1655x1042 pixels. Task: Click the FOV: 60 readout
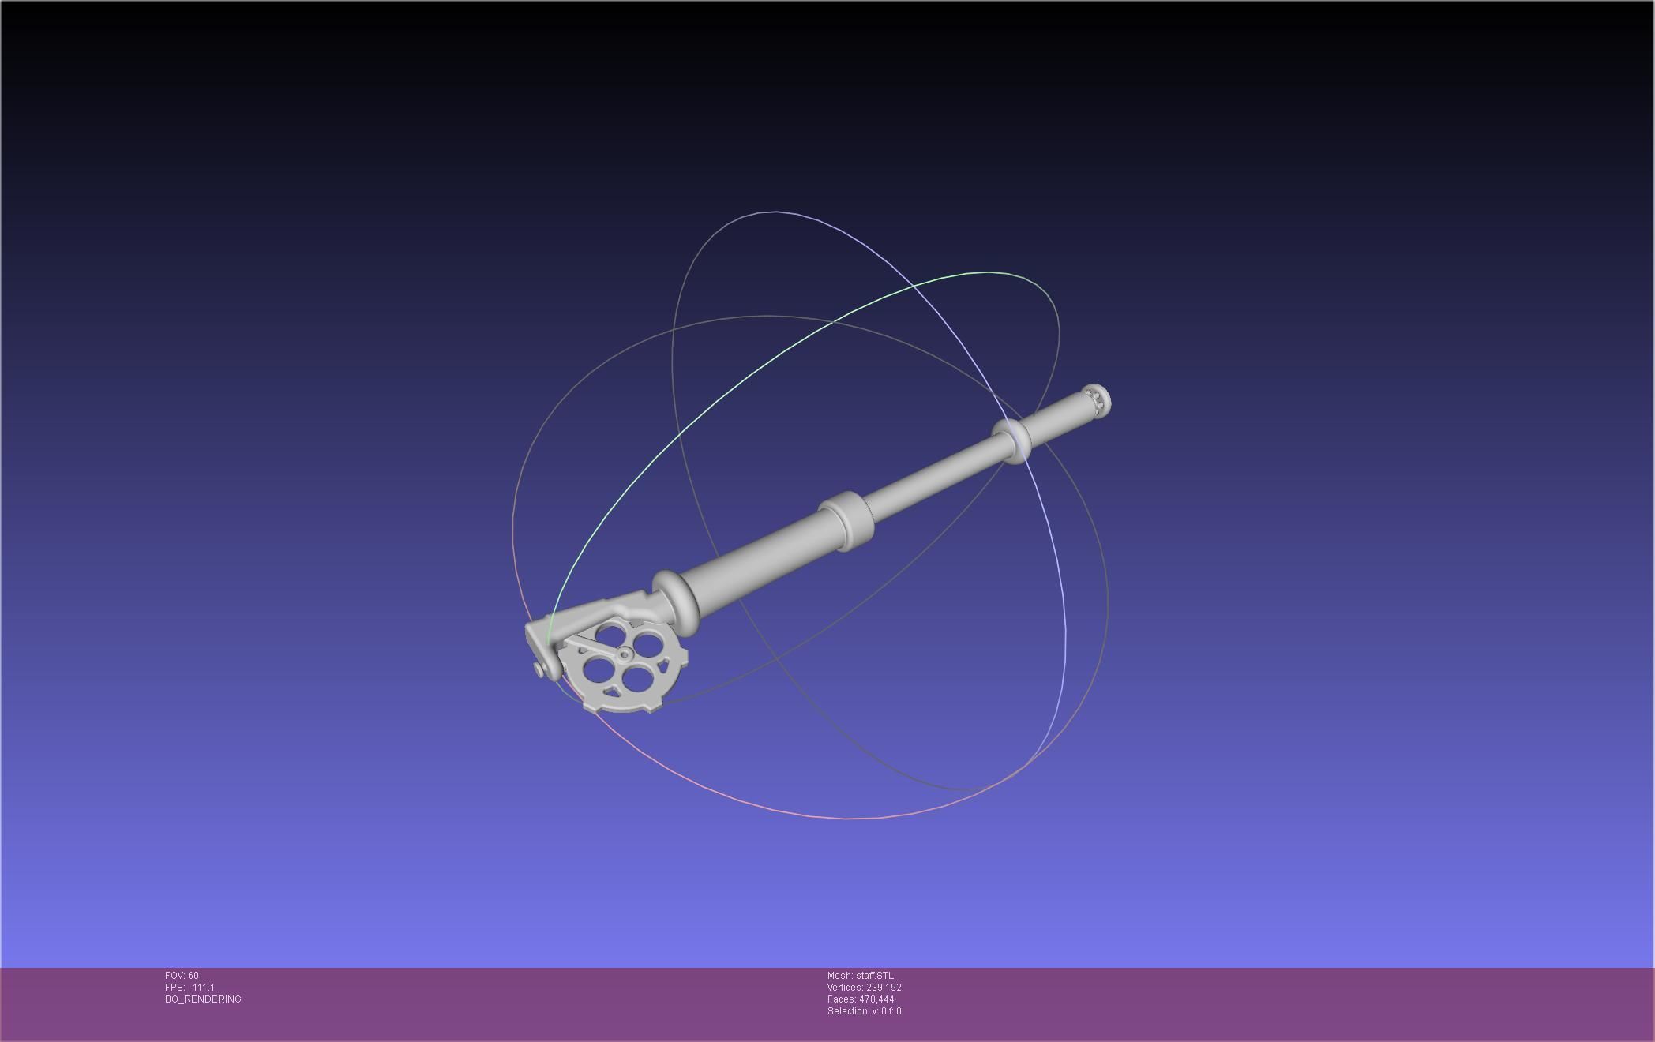point(182,976)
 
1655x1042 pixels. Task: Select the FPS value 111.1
point(203,988)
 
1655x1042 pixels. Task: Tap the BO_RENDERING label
point(203,999)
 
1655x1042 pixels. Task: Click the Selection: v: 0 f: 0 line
point(864,1011)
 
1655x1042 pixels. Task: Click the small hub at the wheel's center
point(624,654)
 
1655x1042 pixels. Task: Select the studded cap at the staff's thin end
point(1098,399)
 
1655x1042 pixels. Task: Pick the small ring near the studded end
point(1014,441)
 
